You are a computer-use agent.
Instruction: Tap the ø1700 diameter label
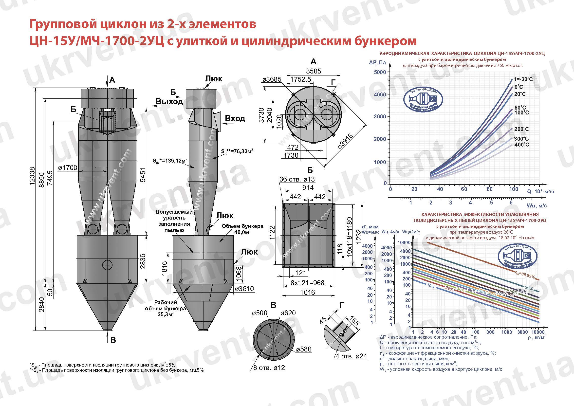click(x=68, y=167)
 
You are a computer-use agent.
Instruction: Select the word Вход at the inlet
click(x=235, y=118)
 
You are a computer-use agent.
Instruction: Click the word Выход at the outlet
click(x=169, y=102)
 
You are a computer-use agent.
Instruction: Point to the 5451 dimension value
click(x=143, y=175)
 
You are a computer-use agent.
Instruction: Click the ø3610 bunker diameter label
click(x=244, y=289)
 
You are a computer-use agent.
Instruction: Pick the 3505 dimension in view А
click(x=314, y=71)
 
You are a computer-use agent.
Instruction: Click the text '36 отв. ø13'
click(x=297, y=179)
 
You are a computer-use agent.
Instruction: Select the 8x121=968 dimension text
click(x=307, y=283)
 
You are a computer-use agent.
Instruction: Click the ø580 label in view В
click(x=304, y=349)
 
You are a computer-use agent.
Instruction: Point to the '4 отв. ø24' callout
click(x=351, y=356)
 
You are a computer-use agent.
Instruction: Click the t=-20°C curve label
click(x=523, y=79)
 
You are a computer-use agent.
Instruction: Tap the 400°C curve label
click(x=521, y=145)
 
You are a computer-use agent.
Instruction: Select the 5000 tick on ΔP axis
click(x=380, y=72)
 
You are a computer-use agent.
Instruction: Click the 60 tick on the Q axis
click(x=464, y=189)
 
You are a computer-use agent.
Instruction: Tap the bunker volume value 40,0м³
click(x=242, y=232)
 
